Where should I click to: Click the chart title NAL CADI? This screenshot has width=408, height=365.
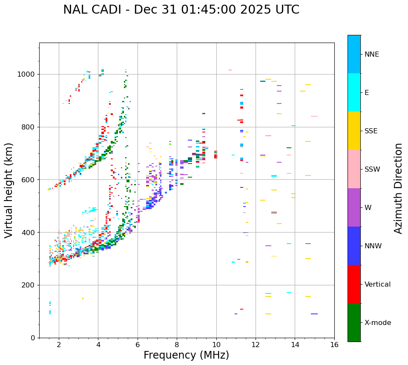[181, 10]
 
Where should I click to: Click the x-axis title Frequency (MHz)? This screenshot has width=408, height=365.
[186, 355]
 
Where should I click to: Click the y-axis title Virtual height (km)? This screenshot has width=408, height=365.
[9, 190]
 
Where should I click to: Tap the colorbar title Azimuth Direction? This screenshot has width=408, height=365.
[398, 188]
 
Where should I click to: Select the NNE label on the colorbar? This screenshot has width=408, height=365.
[371, 55]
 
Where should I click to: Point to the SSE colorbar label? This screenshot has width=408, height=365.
[371, 131]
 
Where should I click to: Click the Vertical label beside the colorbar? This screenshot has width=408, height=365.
[377, 285]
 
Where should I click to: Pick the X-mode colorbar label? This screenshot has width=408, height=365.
[377, 323]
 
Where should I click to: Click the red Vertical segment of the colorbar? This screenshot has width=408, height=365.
[354, 284]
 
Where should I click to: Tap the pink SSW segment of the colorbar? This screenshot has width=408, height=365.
[354, 169]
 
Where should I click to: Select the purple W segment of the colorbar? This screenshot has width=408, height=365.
[354, 207]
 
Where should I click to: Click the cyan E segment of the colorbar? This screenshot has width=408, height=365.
[354, 92]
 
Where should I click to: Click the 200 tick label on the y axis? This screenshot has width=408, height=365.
[30, 285]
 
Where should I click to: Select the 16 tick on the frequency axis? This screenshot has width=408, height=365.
[334, 344]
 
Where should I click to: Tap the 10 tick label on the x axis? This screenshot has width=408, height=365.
[216, 344]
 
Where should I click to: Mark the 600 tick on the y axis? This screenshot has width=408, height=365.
[30, 180]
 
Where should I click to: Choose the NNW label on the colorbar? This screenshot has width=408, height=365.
[373, 246]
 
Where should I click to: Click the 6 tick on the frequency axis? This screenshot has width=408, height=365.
[138, 344]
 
